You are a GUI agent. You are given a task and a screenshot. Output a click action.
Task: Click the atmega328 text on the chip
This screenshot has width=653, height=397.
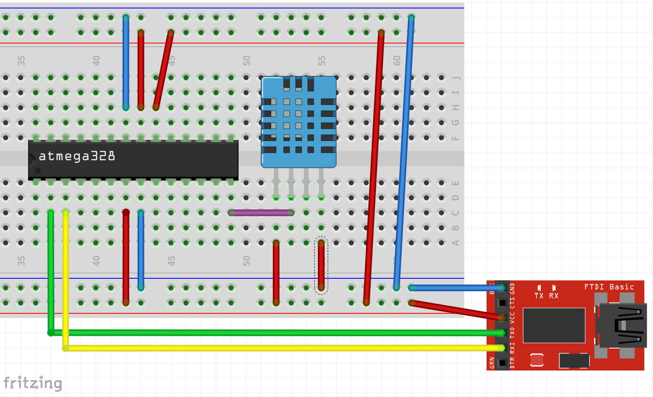77,156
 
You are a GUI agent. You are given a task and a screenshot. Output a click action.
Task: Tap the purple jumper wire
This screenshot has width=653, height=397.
261,213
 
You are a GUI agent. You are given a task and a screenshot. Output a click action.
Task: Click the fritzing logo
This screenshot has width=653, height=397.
32,383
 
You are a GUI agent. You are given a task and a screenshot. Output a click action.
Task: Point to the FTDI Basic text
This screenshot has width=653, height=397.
609,287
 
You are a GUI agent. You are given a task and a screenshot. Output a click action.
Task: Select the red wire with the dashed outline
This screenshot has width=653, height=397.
321,265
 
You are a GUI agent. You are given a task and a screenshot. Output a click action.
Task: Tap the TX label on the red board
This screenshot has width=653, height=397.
539,295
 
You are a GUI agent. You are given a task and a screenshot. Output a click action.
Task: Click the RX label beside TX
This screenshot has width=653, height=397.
554,295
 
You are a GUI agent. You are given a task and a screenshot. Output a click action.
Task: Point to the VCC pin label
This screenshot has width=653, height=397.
512,317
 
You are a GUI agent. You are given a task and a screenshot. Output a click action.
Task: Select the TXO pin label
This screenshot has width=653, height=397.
512,332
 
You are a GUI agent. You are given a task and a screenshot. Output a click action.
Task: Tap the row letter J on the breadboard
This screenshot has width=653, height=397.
455,78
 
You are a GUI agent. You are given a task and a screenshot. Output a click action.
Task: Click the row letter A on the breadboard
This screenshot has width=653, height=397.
455,243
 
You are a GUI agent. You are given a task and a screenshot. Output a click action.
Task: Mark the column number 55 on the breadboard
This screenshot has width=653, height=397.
322,61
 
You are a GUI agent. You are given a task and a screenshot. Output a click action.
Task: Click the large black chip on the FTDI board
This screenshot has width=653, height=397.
554,325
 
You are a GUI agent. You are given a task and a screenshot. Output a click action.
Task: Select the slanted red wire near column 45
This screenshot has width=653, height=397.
163,70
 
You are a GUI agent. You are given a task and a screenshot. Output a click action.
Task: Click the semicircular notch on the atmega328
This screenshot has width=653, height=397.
31,160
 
